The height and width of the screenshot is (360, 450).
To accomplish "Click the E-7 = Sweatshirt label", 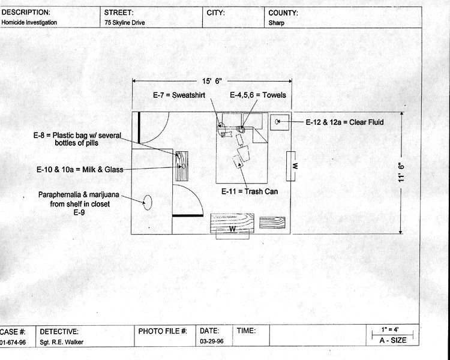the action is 179,95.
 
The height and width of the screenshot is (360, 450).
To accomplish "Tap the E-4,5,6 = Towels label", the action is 258,95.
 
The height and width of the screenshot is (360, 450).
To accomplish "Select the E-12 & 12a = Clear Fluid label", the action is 344,122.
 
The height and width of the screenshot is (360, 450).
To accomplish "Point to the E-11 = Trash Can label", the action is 250,191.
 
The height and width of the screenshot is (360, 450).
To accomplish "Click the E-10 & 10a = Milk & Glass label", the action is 80,169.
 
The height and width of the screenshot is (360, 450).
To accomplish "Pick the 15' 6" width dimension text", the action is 212,81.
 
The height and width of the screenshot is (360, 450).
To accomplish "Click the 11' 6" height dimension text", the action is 401,172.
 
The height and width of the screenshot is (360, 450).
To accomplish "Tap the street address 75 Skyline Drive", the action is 125,23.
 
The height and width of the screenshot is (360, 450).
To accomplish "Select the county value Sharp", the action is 277,23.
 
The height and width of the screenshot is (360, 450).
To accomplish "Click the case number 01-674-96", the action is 13,342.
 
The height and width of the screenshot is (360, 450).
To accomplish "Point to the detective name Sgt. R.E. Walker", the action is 61,342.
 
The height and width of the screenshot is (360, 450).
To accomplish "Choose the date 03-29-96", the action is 212,341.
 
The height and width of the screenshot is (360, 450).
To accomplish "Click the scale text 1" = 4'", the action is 390,329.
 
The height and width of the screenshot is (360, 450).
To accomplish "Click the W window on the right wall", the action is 291,166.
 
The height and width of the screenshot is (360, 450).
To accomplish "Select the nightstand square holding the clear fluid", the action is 280,122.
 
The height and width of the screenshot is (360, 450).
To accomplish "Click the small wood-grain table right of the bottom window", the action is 272,223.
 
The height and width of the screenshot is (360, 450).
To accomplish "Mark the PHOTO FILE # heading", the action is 163,331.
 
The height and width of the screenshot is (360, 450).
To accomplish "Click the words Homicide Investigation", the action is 29,22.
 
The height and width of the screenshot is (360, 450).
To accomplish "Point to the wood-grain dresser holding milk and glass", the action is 182,166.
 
